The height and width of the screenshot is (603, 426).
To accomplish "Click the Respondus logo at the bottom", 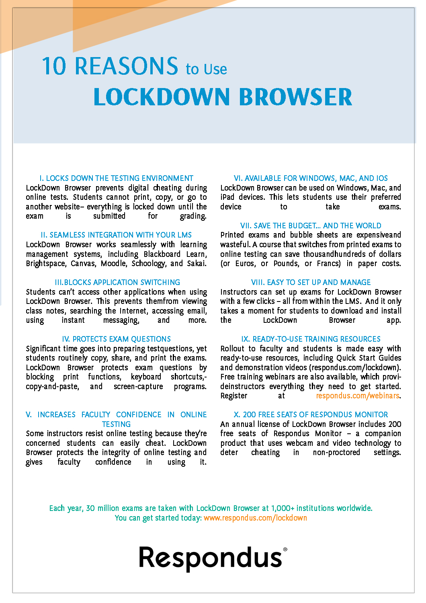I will [211, 558].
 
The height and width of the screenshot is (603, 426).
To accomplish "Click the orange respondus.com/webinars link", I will [358, 396].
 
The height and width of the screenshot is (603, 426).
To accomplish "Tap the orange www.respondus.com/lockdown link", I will [255, 518].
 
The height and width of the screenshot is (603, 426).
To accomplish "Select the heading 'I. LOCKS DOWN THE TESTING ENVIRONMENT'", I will [116, 178].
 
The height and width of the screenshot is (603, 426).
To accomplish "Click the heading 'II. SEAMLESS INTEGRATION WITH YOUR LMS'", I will [116, 235].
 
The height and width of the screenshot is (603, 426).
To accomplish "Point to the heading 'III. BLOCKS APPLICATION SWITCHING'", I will [117, 282].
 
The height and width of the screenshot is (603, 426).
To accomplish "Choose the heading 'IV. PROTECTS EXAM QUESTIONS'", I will [116, 339].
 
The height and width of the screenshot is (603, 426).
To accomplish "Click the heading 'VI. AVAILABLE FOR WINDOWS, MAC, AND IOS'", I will [311, 178].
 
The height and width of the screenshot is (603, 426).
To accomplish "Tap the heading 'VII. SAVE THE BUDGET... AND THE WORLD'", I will [311, 226].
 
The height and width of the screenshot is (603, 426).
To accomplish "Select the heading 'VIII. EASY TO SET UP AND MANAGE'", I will [311, 282].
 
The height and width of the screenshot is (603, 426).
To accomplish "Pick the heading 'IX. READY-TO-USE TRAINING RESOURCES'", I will [311, 339].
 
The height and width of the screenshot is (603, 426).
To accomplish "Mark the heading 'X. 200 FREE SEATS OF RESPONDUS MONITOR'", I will [311, 414].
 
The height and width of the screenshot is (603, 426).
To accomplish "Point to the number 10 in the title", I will [54, 66].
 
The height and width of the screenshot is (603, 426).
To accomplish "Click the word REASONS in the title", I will [126, 66].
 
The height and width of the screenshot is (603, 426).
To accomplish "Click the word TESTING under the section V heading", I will [116, 424].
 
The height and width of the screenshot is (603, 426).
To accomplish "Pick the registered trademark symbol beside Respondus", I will [285, 549].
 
